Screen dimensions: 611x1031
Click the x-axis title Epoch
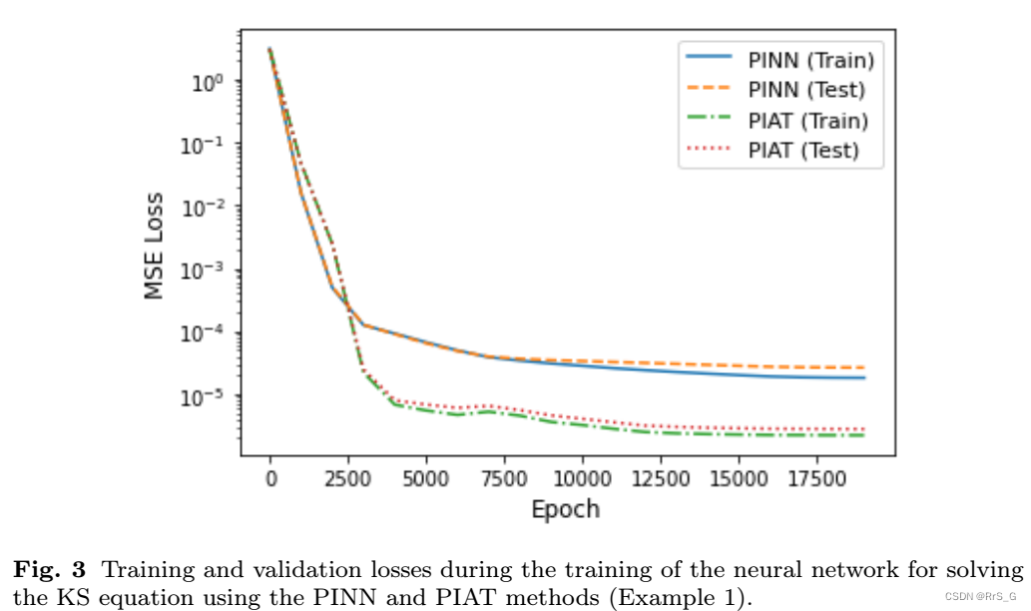tap(565, 509)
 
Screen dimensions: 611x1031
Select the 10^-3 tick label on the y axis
tap(205, 271)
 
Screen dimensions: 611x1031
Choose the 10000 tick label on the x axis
tap(583, 478)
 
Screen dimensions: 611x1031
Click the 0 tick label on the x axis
tap(269, 478)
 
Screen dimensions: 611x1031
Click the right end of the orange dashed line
tap(862, 367)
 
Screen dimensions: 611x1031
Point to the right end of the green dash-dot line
tap(862, 435)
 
